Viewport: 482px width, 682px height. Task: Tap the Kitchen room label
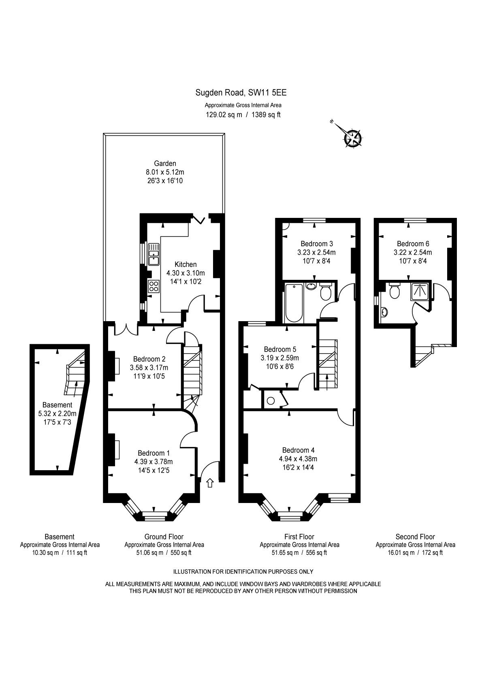(x=186, y=264)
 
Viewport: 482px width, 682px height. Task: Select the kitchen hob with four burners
(x=154, y=286)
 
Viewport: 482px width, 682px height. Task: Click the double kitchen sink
(x=154, y=254)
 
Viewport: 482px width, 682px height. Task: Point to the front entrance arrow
(x=210, y=483)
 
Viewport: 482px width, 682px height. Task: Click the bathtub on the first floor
(x=294, y=303)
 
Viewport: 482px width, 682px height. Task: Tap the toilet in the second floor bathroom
(x=394, y=291)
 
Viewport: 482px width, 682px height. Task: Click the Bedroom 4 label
(x=299, y=450)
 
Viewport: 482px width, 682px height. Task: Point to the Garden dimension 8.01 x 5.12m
(x=165, y=172)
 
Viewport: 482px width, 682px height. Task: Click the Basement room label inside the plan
(x=57, y=405)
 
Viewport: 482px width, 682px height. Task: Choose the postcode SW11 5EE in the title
(x=268, y=93)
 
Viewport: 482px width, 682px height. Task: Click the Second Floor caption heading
(x=415, y=537)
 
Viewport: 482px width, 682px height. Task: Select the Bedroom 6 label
(x=413, y=243)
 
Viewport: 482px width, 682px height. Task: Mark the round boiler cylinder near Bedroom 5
(x=271, y=401)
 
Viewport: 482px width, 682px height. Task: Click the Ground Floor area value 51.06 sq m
(x=149, y=552)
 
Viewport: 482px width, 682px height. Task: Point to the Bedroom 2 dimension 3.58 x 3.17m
(x=149, y=367)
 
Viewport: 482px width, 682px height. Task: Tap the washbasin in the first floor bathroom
(x=311, y=286)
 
